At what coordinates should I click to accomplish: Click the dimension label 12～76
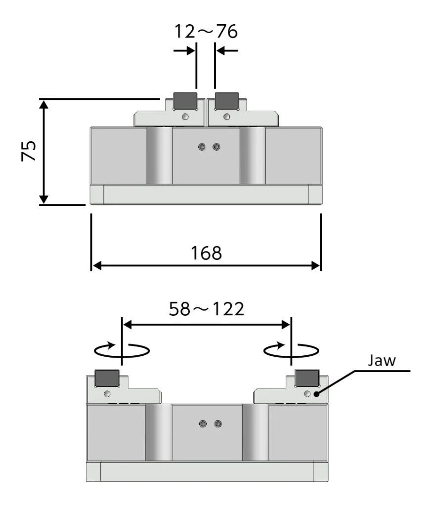coord(206,32)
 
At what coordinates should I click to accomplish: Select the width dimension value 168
coord(207,253)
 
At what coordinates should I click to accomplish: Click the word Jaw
coord(381,360)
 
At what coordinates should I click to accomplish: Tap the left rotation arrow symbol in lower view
coord(122,349)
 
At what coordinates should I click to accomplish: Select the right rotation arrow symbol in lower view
coord(291,349)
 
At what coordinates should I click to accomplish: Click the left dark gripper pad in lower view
coord(106,378)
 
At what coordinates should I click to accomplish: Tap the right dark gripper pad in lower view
coord(306,378)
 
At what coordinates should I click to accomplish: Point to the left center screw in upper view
coord(202,147)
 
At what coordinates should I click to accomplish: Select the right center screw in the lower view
coord(218,423)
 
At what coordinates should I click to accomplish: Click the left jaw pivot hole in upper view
coord(185,117)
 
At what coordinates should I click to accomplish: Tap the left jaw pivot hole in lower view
coord(107,393)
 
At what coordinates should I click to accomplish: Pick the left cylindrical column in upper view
coord(159,155)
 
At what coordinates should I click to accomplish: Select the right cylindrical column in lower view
coord(255,432)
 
